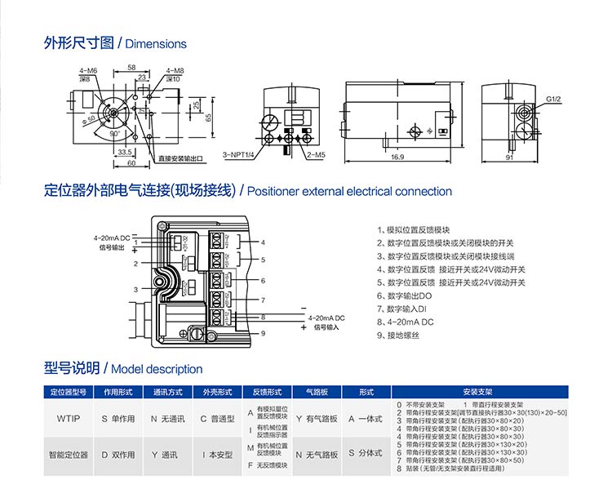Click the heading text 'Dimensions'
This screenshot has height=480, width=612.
pyautogui.click(x=156, y=44)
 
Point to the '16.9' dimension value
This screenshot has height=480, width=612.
pyautogui.click(x=397, y=156)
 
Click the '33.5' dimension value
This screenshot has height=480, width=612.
pyautogui.click(x=125, y=151)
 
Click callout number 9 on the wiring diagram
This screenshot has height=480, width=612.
pyautogui.click(x=264, y=333)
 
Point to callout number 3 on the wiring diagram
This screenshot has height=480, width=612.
pyautogui.click(x=136, y=289)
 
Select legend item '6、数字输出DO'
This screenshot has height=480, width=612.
pyautogui.click(x=406, y=296)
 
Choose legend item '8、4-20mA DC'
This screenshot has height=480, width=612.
pyautogui.click(x=405, y=322)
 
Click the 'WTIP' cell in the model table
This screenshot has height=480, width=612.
pyautogui.click(x=68, y=418)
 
